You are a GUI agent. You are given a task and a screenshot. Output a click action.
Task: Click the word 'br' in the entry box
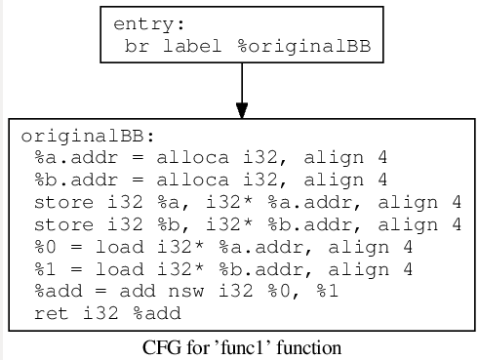pyautogui.click(x=137, y=45)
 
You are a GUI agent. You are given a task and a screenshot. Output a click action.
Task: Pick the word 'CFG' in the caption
pyautogui.click(x=159, y=347)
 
